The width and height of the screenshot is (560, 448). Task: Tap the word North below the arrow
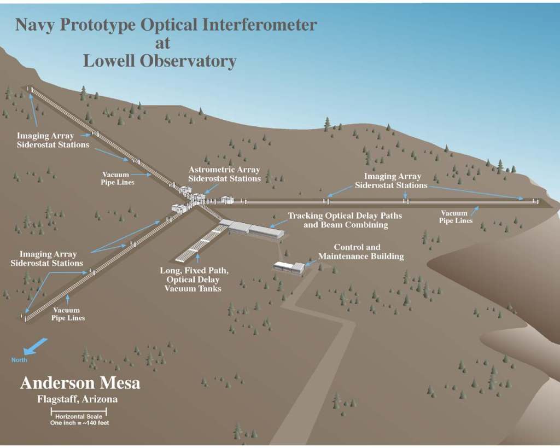[19, 360]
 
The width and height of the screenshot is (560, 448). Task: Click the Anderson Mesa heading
[80, 383]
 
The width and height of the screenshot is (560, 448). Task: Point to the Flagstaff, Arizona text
[77, 399]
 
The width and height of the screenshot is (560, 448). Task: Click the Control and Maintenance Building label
[361, 252]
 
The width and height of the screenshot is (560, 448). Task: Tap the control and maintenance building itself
[289, 266]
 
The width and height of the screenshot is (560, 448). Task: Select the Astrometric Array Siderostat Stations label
[224, 174]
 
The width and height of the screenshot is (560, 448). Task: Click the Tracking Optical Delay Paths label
[345, 220]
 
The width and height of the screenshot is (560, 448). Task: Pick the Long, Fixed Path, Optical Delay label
[193, 279]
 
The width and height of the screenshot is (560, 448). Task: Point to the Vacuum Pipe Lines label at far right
[454, 217]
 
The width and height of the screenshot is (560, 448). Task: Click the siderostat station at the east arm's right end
[537, 201]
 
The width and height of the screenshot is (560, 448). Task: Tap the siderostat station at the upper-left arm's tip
[30, 89]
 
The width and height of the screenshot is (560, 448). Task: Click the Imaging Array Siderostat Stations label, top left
[52, 140]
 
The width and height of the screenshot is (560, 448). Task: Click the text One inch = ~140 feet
[79, 422]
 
